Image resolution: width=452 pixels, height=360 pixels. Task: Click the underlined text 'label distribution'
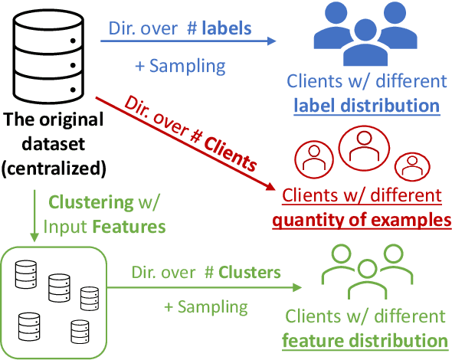364,104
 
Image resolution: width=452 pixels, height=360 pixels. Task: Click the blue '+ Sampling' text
180,65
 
